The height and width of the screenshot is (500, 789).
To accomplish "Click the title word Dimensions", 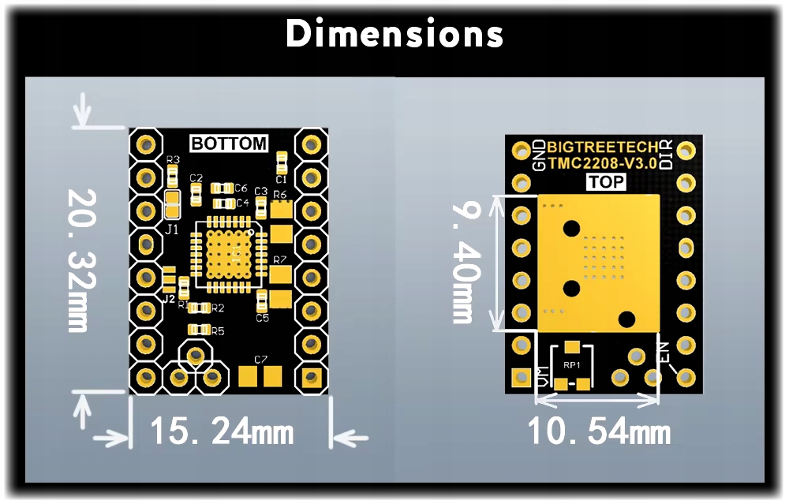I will (x=394, y=34).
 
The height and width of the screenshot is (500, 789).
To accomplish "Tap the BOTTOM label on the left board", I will (x=229, y=144).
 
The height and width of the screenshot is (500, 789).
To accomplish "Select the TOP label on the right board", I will (x=606, y=182).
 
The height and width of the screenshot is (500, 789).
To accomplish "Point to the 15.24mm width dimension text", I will (x=222, y=432).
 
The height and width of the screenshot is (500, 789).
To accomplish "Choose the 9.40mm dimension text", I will (x=465, y=261).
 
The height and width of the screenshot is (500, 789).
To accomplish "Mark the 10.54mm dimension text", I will (x=599, y=432).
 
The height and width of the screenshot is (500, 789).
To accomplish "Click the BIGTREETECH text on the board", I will (x=601, y=147).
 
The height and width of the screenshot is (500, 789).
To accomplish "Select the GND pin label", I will (x=539, y=155).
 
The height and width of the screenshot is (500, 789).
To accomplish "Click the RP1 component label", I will (x=572, y=364).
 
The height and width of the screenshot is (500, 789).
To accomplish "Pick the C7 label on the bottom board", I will (x=261, y=360).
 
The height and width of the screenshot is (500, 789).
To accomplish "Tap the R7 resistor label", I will (x=280, y=259).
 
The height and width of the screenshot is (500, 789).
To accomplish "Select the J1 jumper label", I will (x=171, y=229).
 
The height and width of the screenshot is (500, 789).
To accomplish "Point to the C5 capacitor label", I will (x=263, y=318).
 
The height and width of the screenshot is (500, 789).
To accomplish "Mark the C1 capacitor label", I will (x=281, y=180).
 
